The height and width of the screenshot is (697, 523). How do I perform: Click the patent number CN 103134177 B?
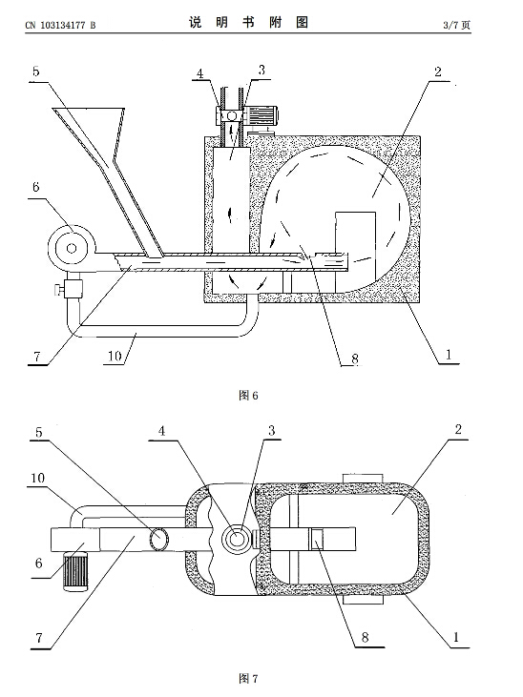click(x=60, y=25)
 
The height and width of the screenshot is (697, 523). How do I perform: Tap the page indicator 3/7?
click(x=450, y=25)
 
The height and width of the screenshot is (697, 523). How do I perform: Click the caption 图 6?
click(x=248, y=395)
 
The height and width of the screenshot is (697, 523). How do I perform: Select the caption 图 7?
click(x=248, y=678)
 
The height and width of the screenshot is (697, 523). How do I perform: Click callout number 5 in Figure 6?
click(x=36, y=72)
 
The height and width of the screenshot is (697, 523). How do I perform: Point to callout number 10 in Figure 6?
click(x=115, y=356)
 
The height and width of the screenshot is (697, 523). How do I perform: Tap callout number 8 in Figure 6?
click(x=355, y=359)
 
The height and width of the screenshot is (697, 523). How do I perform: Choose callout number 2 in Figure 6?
click(x=438, y=72)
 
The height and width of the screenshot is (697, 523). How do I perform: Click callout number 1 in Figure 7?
click(x=456, y=637)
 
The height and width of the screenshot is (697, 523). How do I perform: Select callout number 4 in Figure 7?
click(x=161, y=430)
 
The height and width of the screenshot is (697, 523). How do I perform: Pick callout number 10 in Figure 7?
click(x=38, y=478)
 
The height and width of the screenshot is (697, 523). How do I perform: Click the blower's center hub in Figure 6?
click(x=72, y=248)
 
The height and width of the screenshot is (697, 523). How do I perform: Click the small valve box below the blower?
click(x=73, y=289)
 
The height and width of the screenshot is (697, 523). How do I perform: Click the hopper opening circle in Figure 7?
click(x=158, y=539)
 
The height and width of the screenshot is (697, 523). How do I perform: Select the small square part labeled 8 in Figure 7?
click(x=317, y=539)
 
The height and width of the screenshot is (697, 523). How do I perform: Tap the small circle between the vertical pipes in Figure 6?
click(x=232, y=116)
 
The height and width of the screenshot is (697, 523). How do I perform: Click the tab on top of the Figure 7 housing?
click(x=363, y=479)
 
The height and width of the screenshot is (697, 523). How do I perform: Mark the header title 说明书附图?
click(x=248, y=22)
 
